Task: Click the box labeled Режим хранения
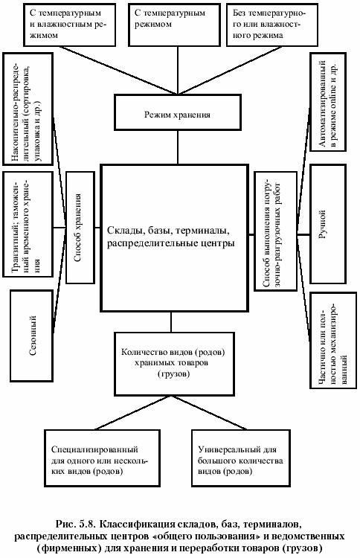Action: point(177,112)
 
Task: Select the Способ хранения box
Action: point(80,228)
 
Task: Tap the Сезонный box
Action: point(32,336)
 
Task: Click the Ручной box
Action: point(328,224)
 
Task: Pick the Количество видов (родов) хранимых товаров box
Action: point(174,364)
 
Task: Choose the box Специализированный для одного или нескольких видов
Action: point(102,458)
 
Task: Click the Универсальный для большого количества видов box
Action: point(241,458)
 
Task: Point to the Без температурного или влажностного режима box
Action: point(272,25)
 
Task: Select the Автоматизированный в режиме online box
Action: point(328,102)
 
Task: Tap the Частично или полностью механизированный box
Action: point(333,340)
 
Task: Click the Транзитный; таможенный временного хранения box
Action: point(28,224)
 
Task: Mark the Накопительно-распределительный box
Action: point(28,109)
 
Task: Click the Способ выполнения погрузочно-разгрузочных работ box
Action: point(276,231)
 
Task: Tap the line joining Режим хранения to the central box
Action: point(178,147)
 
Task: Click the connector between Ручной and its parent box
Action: point(303,235)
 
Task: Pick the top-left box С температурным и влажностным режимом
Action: point(69,25)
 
